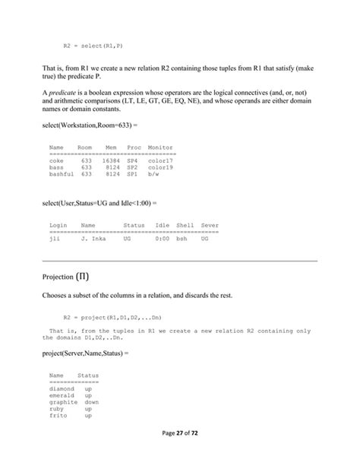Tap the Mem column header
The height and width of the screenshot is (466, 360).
coord(112,147)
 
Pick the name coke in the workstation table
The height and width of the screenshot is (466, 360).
coord(55,160)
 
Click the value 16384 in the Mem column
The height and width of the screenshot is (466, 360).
coord(110,160)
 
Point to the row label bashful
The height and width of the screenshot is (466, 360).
coord(62,173)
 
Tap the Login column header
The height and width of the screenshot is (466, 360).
coord(58,225)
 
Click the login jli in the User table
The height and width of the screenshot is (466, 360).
coord(54,238)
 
